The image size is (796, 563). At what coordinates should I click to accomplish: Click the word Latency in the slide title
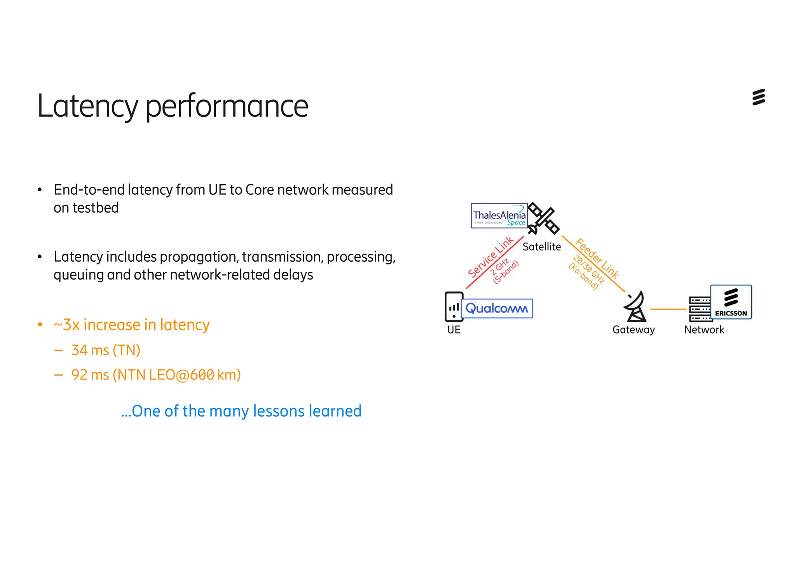coord(87,106)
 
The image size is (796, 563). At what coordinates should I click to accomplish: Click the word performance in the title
coord(227,106)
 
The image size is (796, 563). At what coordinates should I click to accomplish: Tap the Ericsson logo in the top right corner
coord(758,97)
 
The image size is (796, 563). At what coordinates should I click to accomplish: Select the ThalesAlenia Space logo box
coord(499,215)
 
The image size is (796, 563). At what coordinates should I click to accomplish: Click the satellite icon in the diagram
coord(544,218)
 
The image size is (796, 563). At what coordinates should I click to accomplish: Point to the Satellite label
coord(541,247)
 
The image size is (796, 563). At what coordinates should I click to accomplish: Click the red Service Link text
coord(491,257)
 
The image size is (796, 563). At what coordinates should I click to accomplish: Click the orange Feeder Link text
coord(597,259)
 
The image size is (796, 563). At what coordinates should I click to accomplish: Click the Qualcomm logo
coord(497,308)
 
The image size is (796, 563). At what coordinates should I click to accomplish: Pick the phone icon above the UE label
coord(453,307)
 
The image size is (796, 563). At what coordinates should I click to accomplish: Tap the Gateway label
coord(634,330)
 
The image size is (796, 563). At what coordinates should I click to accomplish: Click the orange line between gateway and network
coord(668,309)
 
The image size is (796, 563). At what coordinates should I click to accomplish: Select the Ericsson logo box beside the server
coord(731,302)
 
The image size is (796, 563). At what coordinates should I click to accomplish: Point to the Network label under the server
coord(704,330)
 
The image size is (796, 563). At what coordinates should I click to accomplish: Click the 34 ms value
coord(90,350)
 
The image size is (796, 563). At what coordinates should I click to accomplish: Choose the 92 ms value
coord(90,375)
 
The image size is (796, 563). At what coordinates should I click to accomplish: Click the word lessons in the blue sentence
coord(278,411)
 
